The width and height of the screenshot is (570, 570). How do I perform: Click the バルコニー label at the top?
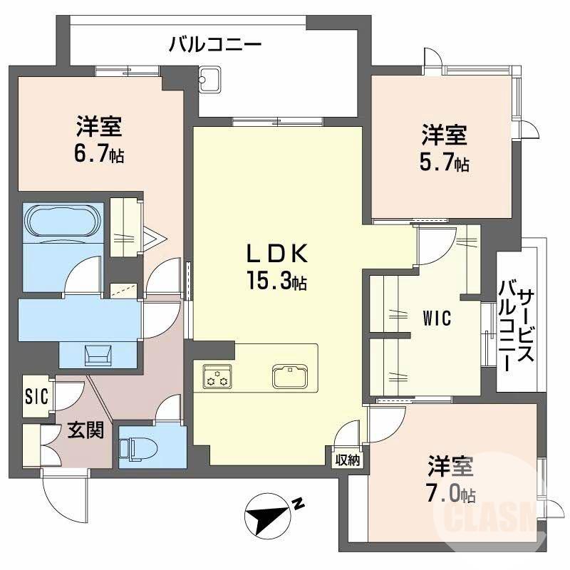215,46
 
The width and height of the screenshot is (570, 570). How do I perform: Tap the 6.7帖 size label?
100,155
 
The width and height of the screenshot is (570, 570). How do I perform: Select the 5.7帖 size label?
443,163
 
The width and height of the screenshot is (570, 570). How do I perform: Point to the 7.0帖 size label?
450,492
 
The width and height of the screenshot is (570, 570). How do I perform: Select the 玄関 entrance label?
85,430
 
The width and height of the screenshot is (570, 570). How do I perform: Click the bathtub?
60,223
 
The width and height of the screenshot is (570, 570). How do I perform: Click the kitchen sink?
289,375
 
